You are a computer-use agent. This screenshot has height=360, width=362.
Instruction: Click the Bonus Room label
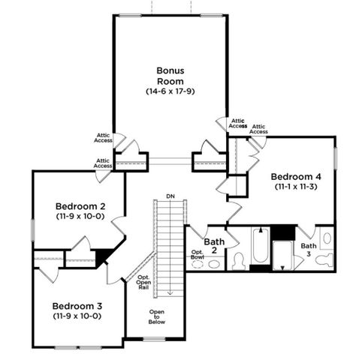170,73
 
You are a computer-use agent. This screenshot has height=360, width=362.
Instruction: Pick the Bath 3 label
308,250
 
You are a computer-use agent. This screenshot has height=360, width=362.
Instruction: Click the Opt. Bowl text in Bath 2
197,255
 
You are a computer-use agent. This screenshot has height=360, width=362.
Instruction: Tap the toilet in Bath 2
239,261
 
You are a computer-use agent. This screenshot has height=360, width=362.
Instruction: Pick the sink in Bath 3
327,238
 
